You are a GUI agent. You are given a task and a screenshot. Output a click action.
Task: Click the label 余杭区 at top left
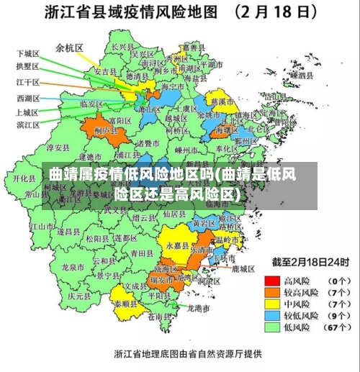70,48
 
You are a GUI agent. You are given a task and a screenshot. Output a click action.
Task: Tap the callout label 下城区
27,53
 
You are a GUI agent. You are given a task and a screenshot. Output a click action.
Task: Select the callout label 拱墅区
27,66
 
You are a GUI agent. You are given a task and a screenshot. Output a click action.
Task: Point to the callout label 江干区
27,82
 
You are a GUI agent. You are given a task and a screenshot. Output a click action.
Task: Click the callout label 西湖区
27,98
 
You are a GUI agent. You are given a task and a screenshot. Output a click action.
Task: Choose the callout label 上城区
27,112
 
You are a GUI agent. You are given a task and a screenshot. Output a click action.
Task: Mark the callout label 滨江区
27,125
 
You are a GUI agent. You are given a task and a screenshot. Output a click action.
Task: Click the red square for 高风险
272,280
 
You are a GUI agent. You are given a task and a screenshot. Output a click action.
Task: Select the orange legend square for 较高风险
272,292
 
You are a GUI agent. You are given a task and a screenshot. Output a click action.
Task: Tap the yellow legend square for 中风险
272,304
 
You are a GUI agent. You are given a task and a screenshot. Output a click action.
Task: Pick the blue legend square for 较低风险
272,316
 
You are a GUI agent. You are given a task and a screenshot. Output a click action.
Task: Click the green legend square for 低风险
272,328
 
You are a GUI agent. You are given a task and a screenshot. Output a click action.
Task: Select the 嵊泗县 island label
301,75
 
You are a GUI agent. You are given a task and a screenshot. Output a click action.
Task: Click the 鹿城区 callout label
243,268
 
